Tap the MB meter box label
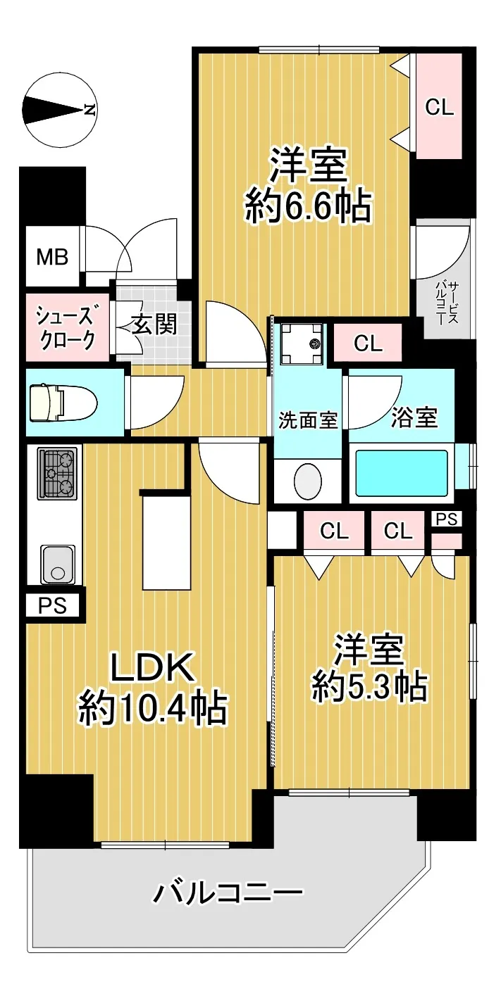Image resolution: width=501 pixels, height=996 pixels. [x=52, y=257]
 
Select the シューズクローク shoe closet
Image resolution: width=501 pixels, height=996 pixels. [x=68, y=327]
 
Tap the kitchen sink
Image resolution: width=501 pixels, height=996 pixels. [x=57, y=564]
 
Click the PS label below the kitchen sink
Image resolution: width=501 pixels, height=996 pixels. [x=53, y=605]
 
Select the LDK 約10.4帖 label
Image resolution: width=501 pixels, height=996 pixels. [x=153, y=688]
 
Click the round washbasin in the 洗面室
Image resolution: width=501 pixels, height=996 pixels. [x=307, y=481]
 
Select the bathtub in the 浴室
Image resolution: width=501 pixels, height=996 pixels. [x=401, y=472]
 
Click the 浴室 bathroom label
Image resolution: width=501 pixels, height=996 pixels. [x=414, y=417]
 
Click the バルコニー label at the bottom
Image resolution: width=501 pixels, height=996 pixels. [x=228, y=892]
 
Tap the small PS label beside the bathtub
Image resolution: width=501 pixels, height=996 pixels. [x=447, y=519]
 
